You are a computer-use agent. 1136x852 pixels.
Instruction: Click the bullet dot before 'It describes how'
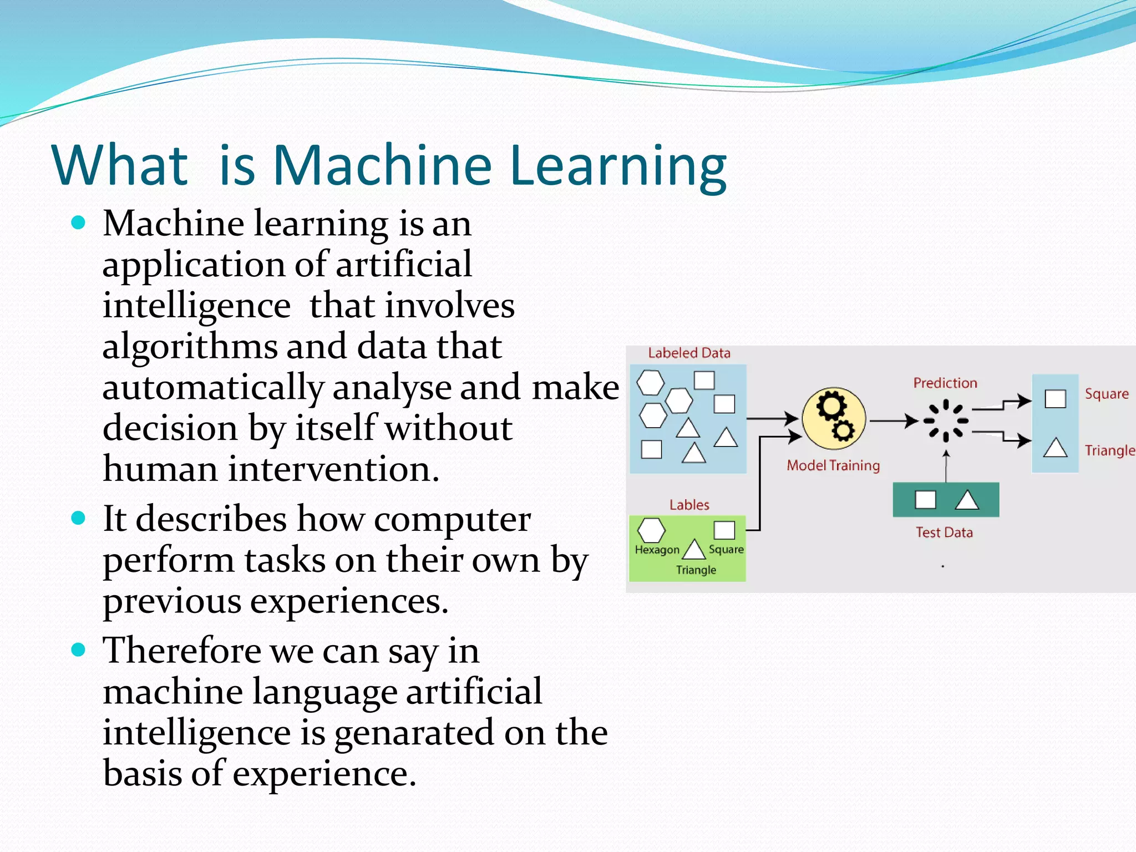click(x=78, y=519)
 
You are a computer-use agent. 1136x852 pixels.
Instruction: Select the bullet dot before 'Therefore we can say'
click(x=78, y=650)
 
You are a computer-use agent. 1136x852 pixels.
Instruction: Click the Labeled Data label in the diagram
click(x=689, y=353)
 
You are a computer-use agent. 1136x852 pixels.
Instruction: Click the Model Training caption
click(x=833, y=465)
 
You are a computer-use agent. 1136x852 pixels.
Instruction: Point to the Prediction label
click(x=945, y=383)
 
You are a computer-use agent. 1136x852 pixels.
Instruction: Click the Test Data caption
click(x=944, y=532)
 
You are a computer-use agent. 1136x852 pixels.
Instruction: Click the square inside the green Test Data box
click(x=925, y=500)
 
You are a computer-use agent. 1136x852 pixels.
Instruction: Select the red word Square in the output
click(x=1107, y=394)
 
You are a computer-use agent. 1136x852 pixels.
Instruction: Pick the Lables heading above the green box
click(x=689, y=505)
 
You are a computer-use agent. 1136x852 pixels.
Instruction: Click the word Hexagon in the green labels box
click(x=657, y=550)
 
